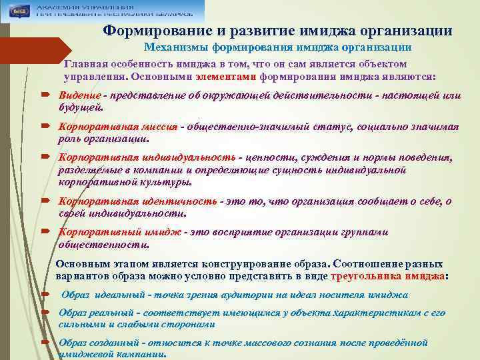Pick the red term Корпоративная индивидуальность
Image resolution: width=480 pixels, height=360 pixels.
[146, 157]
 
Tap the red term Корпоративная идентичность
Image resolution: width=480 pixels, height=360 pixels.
[137, 201]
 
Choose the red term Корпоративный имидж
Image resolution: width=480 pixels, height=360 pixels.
[121, 232]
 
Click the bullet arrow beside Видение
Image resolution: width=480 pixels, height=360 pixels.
[44, 96]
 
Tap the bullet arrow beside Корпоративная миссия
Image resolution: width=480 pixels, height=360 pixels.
[44, 127]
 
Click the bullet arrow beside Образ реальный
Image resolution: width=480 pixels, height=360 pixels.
[44, 312]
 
